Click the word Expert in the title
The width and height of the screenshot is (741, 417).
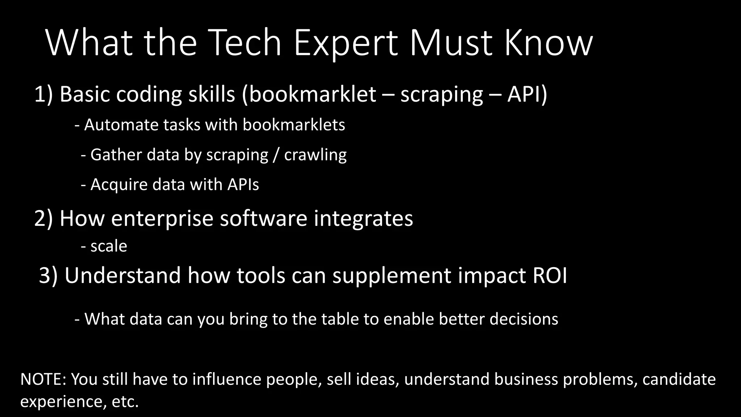click(346, 43)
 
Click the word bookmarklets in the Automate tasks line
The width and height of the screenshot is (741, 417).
click(293, 125)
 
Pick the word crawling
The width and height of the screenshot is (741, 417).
click(315, 155)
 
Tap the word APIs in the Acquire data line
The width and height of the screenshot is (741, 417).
click(243, 185)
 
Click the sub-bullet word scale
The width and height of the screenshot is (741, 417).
click(109, 247)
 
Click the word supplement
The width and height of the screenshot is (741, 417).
click(391, 276)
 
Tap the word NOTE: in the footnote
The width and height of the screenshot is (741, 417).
click(43, 379)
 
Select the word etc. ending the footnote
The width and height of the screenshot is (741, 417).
click(125, 401)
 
